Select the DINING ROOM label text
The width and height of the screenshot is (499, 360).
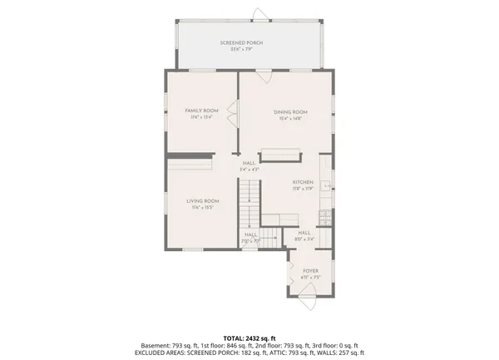click(x=291, y=111)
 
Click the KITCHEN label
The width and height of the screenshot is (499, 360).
click(x=302, y=182)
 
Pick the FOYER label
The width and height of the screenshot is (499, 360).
click(x=311, y=270)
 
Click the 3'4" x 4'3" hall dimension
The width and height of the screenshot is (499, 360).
click(x=249, y=170)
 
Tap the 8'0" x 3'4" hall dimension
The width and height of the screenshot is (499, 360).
click(x=304, y=239)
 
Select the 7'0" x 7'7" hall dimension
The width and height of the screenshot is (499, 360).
click(x=250, y=241)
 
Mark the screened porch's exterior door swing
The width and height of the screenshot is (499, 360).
click(x=259, y=13)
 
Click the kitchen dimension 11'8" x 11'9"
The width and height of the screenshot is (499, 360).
click(x=302, y=188)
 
